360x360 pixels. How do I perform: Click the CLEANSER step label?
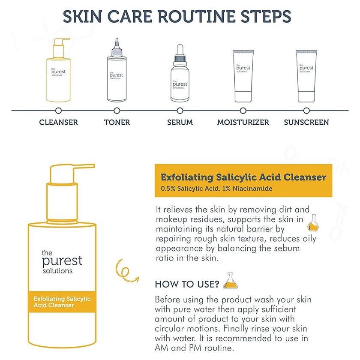coord(58,122)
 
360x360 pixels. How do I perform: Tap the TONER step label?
coord(117,122)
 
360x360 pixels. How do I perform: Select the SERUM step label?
coord(180,122)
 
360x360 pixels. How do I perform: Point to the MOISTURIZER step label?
coord(243,122)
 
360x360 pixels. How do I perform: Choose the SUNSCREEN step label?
coord(306,122)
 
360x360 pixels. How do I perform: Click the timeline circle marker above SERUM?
coord(180,111)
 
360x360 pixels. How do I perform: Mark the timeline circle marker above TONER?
coord(117,111)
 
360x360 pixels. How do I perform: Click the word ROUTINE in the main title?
coord(185,16)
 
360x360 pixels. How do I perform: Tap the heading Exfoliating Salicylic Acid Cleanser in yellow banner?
coord(243,177)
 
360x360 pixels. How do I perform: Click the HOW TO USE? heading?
coord(187,284)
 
